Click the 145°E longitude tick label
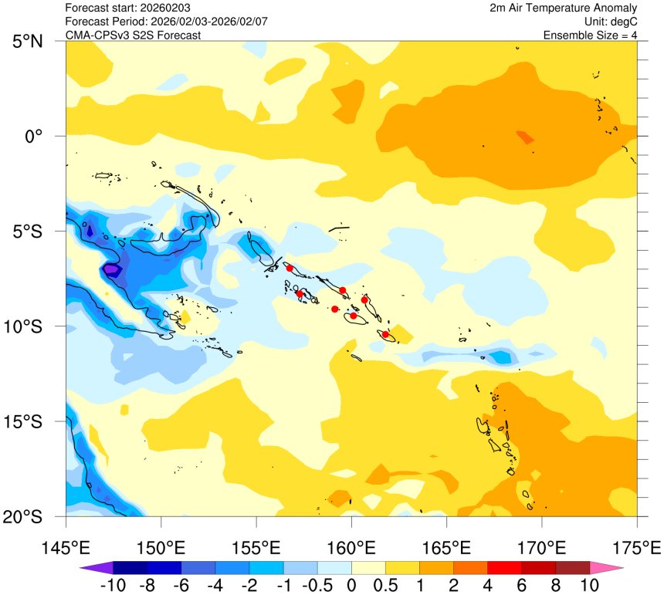tap(66, 548)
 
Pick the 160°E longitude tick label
tap(351, 548)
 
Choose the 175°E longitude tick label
tap(637, 548)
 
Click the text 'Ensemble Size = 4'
tap(590, 35)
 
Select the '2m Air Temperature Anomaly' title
tap(564, 8)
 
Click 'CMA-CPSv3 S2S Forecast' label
tap(133, 35)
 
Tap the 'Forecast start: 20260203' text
tap(127, 8)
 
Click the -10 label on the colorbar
tap(113, 585)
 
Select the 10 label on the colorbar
tap(590, 585)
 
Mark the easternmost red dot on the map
tap(385, 334)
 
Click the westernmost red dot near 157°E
tap(290, 267)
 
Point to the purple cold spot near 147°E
tap(112, 269)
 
